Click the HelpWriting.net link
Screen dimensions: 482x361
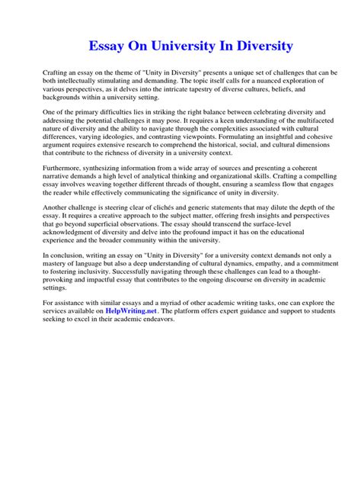(136, 312)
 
